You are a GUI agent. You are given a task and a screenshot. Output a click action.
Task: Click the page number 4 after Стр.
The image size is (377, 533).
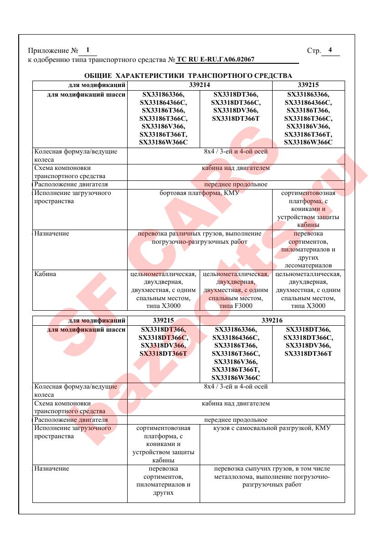330,50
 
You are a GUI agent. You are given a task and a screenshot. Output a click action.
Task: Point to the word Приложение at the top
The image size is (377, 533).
45,51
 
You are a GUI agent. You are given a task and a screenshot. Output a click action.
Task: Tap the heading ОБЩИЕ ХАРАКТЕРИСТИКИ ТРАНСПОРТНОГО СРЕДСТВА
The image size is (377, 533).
188,75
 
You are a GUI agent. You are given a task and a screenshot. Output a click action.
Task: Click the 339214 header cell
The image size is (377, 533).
200,85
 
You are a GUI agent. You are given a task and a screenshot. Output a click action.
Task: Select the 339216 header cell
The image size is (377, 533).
272,320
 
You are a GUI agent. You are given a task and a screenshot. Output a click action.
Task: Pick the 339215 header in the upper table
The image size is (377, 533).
308,85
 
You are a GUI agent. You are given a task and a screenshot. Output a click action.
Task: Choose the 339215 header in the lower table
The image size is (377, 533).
163,320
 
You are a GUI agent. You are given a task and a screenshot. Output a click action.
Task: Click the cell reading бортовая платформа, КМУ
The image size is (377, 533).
200,193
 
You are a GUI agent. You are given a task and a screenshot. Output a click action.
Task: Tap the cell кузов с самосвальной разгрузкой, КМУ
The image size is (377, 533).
272,428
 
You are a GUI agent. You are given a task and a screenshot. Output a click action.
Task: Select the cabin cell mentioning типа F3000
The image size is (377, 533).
236,290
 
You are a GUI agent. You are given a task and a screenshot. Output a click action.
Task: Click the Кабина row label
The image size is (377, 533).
45,274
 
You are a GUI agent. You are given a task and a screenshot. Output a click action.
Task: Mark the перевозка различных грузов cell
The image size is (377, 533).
200,237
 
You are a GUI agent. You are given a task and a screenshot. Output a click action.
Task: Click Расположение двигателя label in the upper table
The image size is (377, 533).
71,184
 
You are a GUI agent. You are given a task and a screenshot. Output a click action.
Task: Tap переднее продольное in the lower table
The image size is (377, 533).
236,420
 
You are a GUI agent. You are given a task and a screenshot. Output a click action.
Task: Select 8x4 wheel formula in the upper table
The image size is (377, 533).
236,152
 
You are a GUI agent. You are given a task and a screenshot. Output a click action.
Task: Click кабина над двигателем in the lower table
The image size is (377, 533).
236,403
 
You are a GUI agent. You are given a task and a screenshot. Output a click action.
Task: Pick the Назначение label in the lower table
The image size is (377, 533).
52,468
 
